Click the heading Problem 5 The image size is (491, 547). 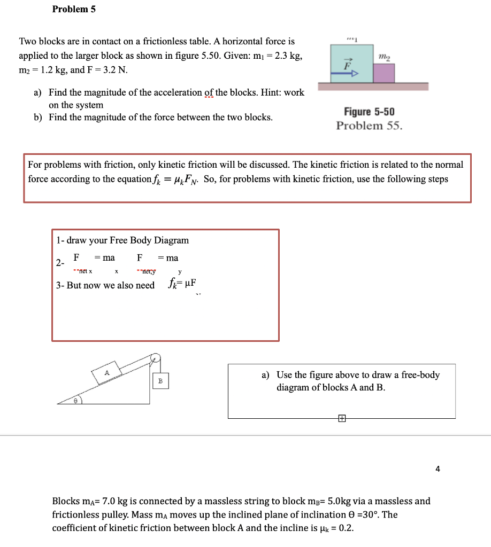(74, 9)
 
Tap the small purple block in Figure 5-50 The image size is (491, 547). (383, 73)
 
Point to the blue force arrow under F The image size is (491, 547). (343, 76)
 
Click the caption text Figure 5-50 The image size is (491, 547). (369, 112)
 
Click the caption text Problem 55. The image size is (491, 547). (369, 126)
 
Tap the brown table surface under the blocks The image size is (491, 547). (373, 87)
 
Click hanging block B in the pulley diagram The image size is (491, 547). (160, 380)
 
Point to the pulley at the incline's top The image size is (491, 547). (155, 358)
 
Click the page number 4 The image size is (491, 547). (438, 469)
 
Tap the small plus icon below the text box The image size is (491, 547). (342, 419)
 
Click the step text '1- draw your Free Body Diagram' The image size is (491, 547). (122, 240)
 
